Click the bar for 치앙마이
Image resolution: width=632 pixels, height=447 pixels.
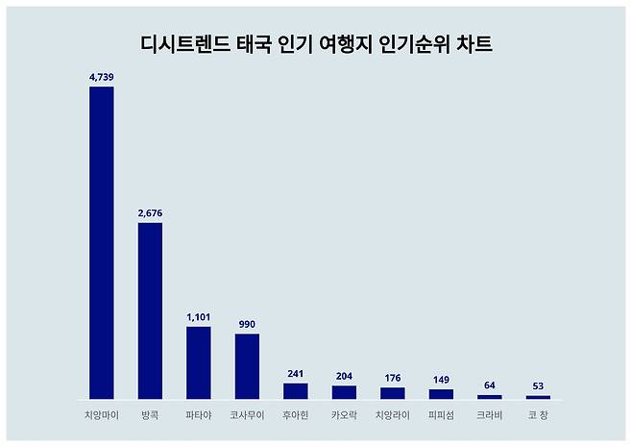[x=102, y=242]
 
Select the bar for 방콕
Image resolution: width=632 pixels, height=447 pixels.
[x=150, y=310]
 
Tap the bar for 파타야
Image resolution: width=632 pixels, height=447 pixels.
[x=198, y=362]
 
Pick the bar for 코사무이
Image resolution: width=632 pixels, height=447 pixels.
[x=247, y=366]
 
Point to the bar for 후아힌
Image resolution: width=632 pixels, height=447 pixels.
[x=295, y=390]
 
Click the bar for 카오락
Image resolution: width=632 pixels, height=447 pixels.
[x=344, y=392]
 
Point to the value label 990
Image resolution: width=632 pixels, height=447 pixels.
[x=247, y=324]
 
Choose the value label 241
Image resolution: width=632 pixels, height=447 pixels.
[x=295, y=373]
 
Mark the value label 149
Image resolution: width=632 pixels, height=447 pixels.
[x=441, y=379]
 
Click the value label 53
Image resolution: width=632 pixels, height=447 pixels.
[x=538, y=385]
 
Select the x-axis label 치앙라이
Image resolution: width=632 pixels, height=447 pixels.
[x=392, y=415]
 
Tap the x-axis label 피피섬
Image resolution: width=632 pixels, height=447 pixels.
[x=441, y=415]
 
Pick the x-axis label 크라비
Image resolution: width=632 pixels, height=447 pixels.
[x=489, y=415]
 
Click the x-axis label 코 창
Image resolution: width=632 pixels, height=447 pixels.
[x=538, y=415]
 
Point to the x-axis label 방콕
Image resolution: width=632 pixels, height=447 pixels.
[x=150, y=415]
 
